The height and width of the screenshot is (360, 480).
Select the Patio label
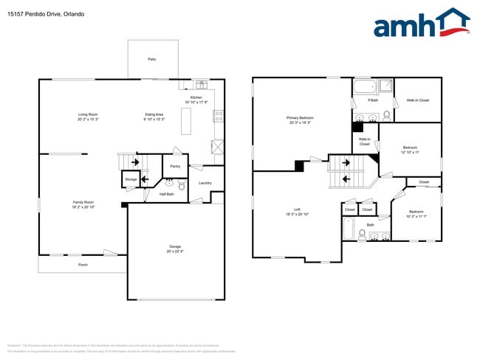[152, 59]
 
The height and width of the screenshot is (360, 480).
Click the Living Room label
[89, 116]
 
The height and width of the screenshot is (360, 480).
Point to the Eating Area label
[154, 116]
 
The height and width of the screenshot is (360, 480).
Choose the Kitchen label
[196, 99]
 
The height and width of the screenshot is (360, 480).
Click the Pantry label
[175, 167]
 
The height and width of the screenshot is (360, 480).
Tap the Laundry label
[205, 183]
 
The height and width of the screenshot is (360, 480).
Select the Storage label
[131, 179]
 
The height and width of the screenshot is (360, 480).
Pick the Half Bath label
[167, 194]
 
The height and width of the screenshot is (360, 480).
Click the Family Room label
[83, 204]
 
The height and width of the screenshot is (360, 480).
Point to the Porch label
[83, 264]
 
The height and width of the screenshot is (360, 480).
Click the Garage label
[176, 249]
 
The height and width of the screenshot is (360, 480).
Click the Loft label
[296, 212]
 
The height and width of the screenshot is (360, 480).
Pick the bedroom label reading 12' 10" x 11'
[411, 150]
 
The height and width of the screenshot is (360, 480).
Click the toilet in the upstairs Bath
[363, 235]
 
